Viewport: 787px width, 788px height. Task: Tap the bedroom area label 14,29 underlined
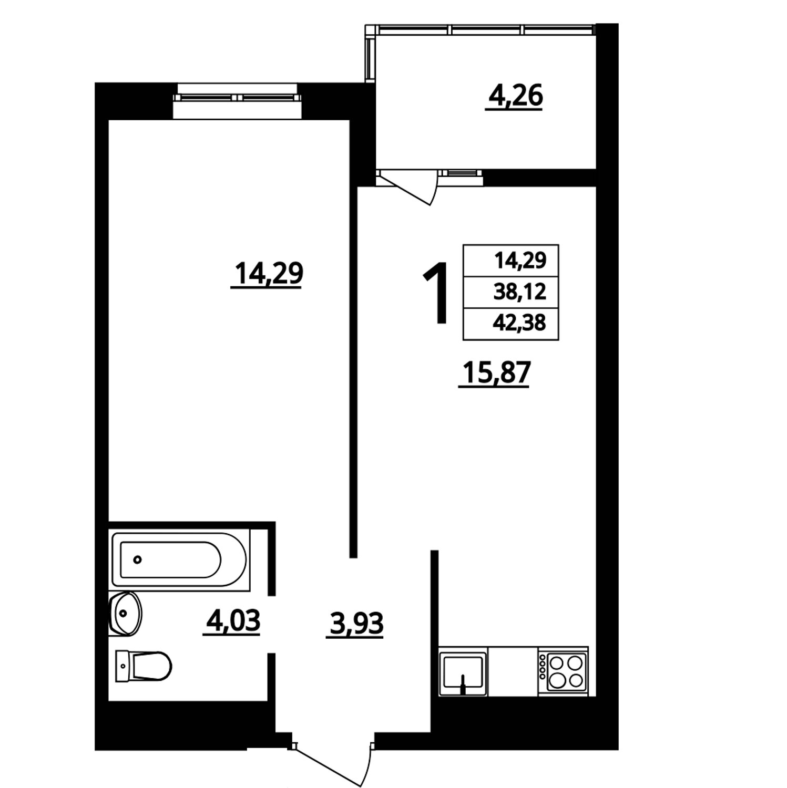click(268, 275)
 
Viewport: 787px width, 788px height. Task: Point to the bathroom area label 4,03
click(233, 621)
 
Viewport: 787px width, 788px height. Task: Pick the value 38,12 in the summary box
click(520, 292)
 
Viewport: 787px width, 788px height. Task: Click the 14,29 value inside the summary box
click(520, 261)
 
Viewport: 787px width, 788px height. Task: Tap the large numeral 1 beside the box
click(436, 292)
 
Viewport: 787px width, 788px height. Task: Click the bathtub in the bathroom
click(179, 559)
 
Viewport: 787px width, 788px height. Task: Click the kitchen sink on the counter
click(463, 671)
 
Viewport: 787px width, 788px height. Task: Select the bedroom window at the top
click(238, 98)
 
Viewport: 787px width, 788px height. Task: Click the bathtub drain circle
click(138, 559)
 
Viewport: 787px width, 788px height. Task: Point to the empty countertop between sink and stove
click(513, 671)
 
